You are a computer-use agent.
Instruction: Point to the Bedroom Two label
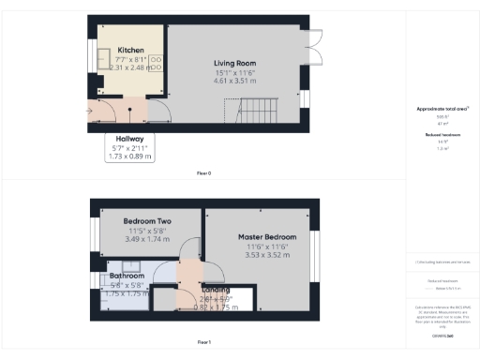coord(145,221)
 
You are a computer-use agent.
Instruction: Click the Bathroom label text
coord(127,277)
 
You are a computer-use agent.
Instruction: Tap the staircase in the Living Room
coord(252,114)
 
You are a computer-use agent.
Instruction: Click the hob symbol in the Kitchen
coord(156,63)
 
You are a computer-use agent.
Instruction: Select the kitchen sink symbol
coord(102,55)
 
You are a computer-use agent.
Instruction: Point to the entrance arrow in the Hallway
coord(90,112)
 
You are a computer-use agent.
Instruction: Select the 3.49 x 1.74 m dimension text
coord(145,240)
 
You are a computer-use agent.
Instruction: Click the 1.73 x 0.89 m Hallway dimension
coord(130,157)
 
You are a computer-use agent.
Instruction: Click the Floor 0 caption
coord(203,173)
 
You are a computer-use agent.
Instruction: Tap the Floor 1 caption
coord(203,341)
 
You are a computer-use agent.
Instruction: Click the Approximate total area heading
coord(442,110)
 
